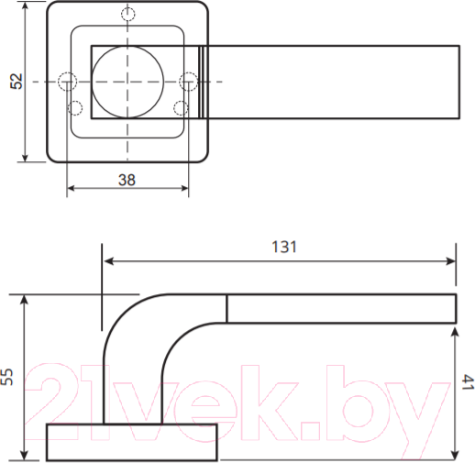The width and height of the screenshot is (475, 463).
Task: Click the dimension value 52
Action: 15,82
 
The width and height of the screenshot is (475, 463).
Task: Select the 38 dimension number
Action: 127,180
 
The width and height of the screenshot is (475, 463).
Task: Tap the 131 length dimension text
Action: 285,247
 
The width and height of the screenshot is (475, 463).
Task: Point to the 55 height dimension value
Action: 8,377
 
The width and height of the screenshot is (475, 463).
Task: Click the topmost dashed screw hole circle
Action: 127,15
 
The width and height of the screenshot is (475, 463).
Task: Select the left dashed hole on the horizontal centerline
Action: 66,82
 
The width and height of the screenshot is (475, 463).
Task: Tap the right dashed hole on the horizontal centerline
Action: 188,83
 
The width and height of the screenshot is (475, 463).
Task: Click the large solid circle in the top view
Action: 127,82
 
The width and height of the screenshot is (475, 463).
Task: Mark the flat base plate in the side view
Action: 131,442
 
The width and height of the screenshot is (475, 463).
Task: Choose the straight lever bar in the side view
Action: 341,309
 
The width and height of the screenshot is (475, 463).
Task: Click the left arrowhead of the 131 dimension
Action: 106,261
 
